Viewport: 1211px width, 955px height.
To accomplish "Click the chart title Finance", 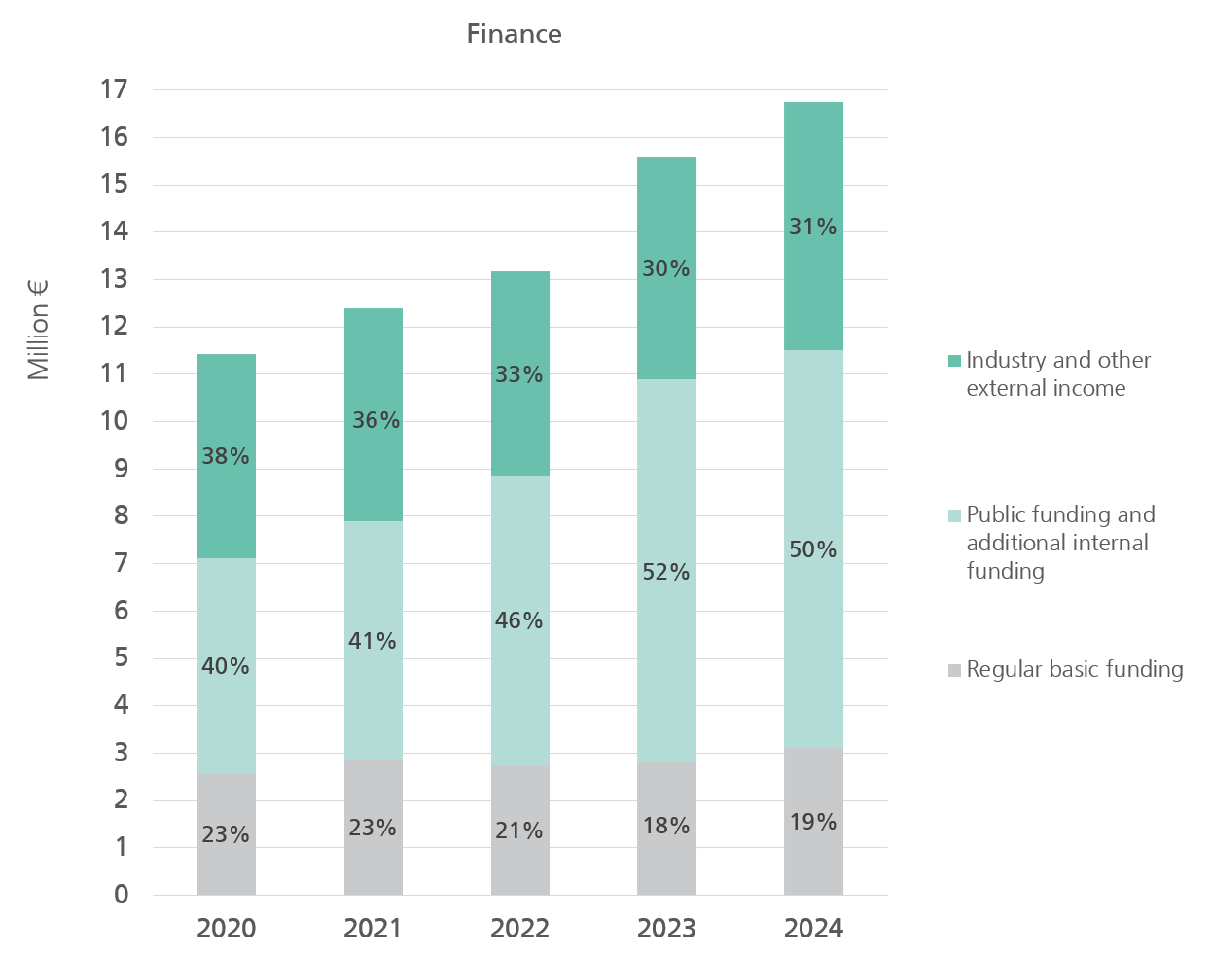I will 514,34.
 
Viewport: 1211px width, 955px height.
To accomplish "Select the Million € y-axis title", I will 38,330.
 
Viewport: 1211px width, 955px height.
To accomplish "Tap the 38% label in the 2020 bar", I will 226,456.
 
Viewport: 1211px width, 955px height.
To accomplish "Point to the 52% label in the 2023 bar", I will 666,572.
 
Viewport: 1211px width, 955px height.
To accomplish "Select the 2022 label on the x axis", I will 519,929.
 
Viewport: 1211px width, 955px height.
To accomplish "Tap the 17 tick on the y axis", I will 114,89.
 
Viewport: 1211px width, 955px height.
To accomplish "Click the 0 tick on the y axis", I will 121,895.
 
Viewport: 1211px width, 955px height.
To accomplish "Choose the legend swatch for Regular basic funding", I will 954,670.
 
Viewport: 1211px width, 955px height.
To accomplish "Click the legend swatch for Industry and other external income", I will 954,361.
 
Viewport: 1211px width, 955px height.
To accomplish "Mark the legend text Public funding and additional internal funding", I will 1059,543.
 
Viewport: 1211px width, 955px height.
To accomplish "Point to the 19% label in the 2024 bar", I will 813,822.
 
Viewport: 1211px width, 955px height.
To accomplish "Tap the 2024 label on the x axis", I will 813,929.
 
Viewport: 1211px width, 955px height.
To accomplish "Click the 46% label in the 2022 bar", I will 519,620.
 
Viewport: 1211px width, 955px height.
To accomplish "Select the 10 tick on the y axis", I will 114,421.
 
